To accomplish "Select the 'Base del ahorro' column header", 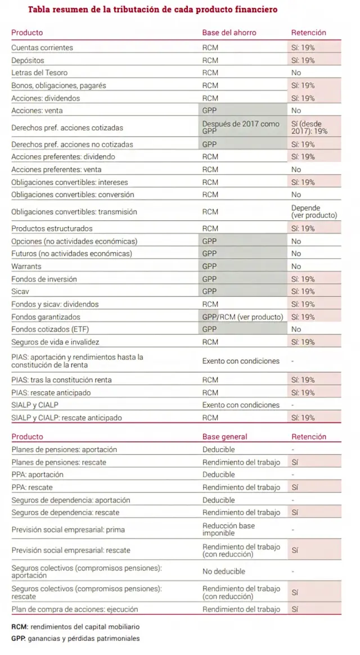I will [229, 33].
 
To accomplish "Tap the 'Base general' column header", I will [224, 437].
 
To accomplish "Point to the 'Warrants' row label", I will [26, 266].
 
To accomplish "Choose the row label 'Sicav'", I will [20, 292].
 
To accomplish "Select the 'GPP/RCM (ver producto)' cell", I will [242, 317].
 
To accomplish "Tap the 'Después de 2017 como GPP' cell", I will [241, 127].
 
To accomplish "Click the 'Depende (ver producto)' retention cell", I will [314, 212].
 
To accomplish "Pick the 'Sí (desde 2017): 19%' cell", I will [309, 127].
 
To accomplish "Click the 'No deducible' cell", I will [224, 571].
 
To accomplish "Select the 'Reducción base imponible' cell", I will [228, 529].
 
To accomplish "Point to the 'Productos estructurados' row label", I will [52, 229].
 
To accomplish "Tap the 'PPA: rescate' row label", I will [32, 487].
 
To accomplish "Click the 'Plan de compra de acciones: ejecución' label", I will [74, 609].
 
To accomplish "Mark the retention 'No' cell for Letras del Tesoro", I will [296, 73].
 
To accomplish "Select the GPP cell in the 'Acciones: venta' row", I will [209, 111].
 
